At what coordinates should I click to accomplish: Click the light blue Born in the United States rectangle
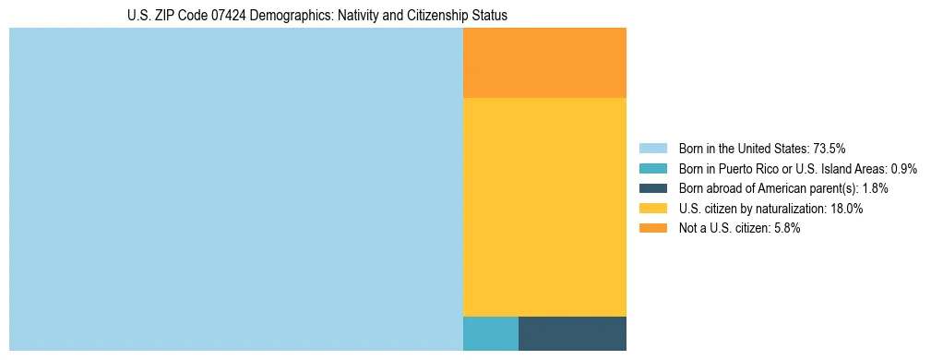click(x=235, y=189)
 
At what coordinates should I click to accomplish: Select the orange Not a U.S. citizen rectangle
click(x=544, y=63)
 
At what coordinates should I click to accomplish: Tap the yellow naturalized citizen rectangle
click(x=544, y=207)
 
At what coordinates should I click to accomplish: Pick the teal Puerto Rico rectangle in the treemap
click(x=490, y=333)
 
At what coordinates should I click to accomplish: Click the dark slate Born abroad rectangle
click(x=572, y=333)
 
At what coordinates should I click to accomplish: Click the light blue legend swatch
click(x=652, y=149)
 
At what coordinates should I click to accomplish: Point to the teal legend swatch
click(x=652, y=169)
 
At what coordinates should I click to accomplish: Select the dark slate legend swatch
click(x=652, y=188)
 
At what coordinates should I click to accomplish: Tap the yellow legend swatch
click(x=652, y=209)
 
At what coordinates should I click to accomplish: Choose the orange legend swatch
click(x=652, y=228)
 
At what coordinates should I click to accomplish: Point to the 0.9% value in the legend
click(x=904, y=169)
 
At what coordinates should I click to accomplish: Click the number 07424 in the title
click(x=228, y=16)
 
